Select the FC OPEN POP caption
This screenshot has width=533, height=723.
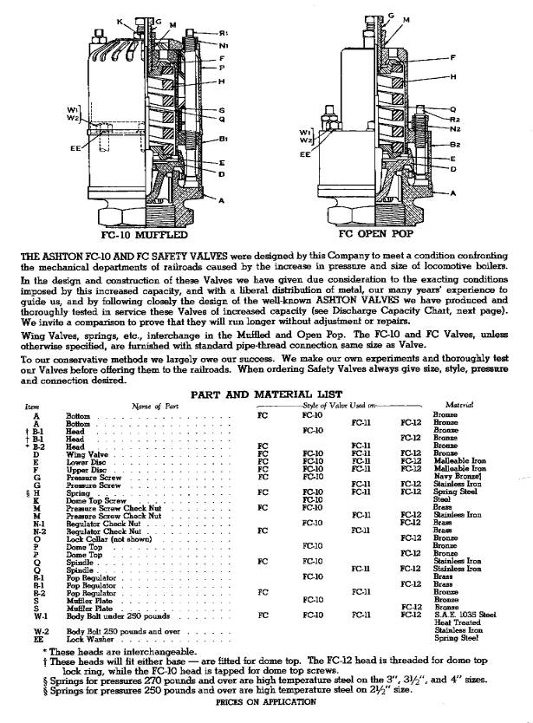380,234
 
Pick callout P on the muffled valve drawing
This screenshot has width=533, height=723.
222,66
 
